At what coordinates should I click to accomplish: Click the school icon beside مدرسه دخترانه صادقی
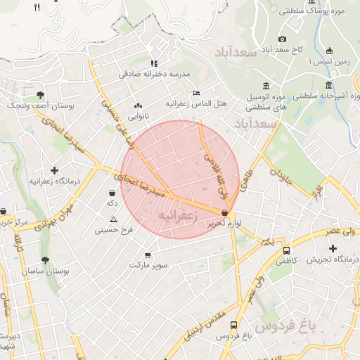coord(154,63)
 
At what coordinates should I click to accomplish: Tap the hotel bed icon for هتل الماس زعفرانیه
coord(196,93)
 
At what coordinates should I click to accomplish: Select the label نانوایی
coord(138,115)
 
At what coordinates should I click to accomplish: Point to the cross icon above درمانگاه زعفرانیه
coord(55,170)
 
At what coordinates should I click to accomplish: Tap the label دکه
coord(111,202)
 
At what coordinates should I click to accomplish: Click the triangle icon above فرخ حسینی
coord(113,220)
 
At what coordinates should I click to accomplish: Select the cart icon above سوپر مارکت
coord(147,255)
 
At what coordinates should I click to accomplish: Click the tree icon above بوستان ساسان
coord(45,260)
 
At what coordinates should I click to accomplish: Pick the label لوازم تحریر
coord(224,222)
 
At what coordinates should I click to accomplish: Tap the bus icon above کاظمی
coord(286,250)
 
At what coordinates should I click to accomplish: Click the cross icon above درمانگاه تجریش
coord(333,248)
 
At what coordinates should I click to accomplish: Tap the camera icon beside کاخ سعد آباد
coord(282,39)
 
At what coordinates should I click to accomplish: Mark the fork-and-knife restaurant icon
coord(37,8)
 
